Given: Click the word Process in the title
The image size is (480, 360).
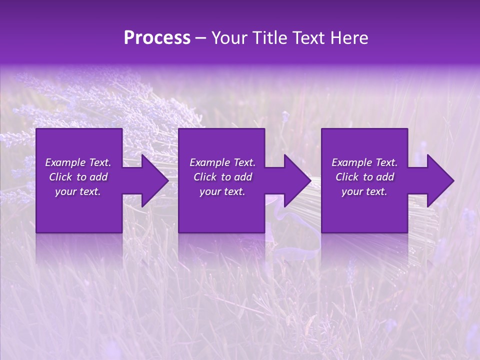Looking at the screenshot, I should (157, 38).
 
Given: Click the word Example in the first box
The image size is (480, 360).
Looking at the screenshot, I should (65, 162).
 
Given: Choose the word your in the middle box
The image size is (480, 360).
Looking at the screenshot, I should (210, 191).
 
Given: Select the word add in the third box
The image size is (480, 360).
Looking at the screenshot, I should (385, 177).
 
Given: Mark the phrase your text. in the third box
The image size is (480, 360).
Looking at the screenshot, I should (364, 191).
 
